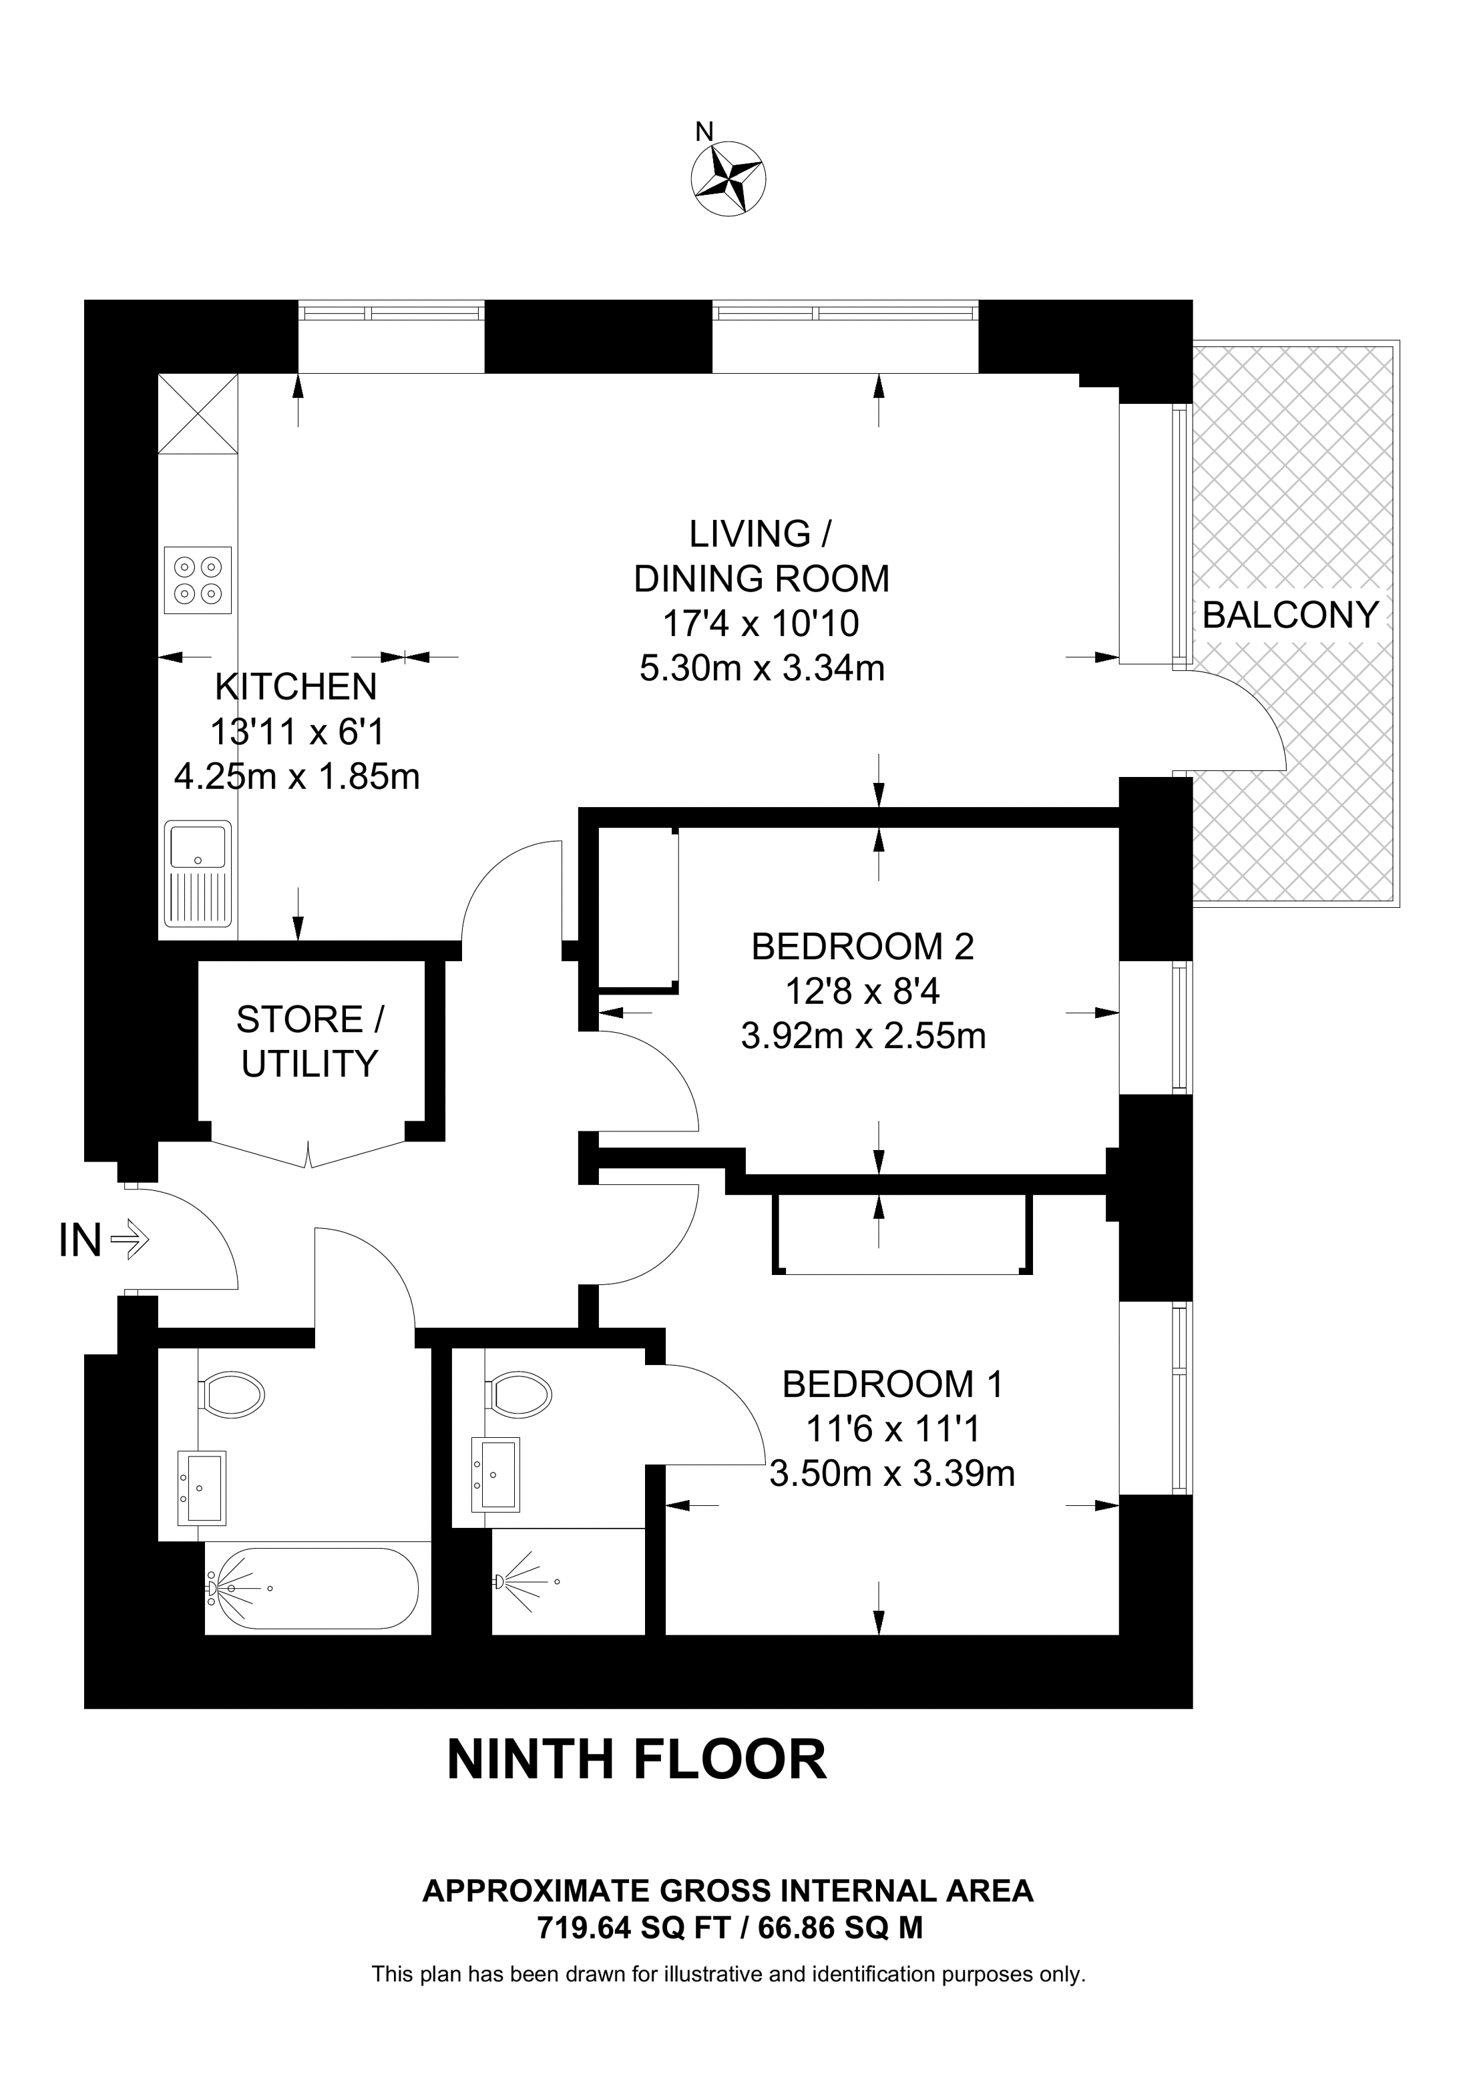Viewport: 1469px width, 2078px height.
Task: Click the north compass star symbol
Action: (x=728, y=178)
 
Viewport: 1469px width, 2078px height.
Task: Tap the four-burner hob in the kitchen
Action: (x=198, y=580)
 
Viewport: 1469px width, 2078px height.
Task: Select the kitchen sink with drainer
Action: (x=198, y=873)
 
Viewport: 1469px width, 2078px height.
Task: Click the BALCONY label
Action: (x=1290, y=615)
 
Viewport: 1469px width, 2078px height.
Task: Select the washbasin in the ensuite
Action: (x=496, y=1475)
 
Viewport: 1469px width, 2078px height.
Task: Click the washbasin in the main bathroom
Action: (x=202, y=1489)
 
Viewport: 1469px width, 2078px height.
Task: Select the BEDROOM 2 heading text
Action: (x=863, y=947)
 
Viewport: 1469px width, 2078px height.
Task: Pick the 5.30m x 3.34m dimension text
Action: (x=762, y=668)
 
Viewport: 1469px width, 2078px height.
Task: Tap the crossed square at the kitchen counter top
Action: (x=198, y=414)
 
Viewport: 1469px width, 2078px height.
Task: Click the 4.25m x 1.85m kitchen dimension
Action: (x=297, y=776)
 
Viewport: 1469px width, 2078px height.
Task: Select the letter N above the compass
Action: (x=704, y=132)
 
